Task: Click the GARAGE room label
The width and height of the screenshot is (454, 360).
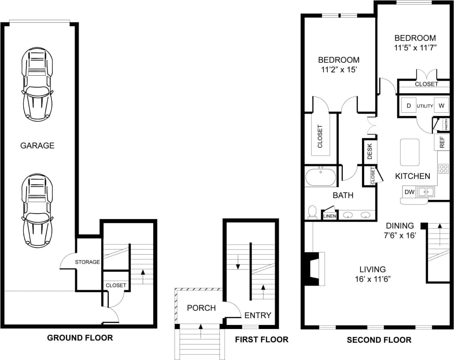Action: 37,146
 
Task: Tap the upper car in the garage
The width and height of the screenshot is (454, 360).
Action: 37,85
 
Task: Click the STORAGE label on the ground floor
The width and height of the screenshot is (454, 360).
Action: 88,262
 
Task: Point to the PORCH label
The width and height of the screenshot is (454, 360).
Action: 201,308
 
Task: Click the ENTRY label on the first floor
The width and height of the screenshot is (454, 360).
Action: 258,315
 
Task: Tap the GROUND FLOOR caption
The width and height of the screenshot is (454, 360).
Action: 80,338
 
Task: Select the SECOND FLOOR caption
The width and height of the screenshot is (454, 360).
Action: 379,340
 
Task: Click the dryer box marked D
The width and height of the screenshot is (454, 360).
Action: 409,106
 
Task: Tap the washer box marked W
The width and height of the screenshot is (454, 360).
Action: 441,106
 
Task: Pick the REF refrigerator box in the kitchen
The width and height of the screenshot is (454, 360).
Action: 442,142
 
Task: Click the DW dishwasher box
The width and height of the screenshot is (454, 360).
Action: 409,192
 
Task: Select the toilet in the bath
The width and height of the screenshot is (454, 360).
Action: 313,212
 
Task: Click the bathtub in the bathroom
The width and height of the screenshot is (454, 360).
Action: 321,177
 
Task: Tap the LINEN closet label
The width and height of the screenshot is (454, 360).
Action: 330,216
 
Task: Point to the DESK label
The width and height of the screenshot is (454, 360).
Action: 369,151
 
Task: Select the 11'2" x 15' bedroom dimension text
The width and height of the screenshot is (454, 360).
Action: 339,70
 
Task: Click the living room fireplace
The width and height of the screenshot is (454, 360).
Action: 314,269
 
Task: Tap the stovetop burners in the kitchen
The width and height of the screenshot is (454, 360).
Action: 444,169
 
